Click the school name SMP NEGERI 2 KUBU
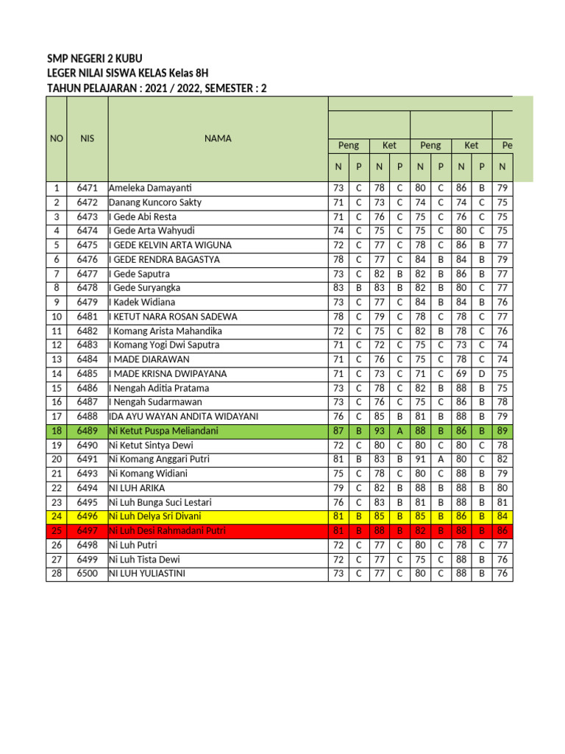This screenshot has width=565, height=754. (95, 59)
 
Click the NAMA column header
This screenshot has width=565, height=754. (218, 138)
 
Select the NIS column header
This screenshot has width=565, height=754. (87, 138)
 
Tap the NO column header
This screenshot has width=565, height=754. (56, 138)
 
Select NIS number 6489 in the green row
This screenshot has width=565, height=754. (87, 431)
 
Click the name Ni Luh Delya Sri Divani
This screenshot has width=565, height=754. (154, 516)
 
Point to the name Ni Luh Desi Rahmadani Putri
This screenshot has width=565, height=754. (167, 531)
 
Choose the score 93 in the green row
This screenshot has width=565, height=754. (380, 431)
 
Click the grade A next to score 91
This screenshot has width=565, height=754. (441, 459)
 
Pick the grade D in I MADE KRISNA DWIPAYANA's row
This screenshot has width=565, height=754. (481, 374)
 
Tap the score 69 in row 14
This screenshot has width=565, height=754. (461, 374)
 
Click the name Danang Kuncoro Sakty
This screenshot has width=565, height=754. (155, 202)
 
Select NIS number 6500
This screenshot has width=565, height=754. (87, 574)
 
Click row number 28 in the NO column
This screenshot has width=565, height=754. (56, 574)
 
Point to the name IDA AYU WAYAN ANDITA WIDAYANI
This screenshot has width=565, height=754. (183, 417)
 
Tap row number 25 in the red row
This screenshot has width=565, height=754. (56, 531)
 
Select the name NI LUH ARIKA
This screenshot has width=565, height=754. (137, 488)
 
